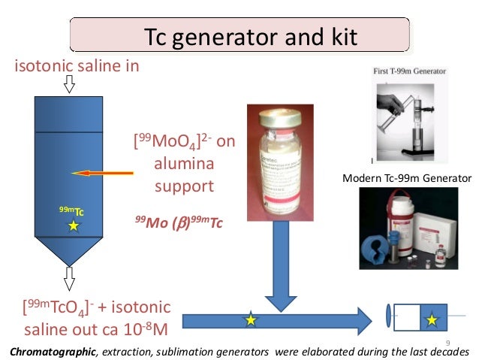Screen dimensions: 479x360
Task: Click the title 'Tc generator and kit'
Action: coord(239,35)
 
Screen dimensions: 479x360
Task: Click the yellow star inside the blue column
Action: coord(73,225)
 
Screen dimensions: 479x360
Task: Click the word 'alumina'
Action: coord(183,164)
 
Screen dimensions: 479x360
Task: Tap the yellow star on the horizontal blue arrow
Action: coord(251,321)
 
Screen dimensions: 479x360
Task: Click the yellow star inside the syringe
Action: coord(432,321)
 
